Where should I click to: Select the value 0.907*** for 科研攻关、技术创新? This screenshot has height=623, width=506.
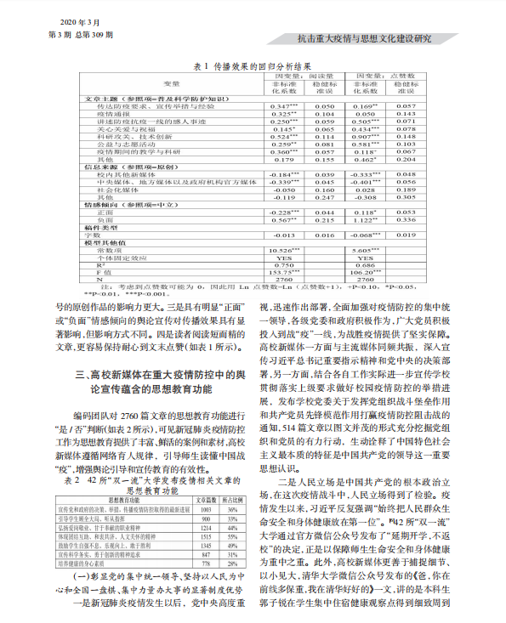coord(368,136)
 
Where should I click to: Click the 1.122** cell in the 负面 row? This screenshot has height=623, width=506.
coord(368,219)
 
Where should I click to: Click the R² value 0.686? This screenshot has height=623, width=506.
coord(368,264)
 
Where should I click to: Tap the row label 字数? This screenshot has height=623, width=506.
coord(105,234)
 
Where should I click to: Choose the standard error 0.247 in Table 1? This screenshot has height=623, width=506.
coord(324,196)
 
